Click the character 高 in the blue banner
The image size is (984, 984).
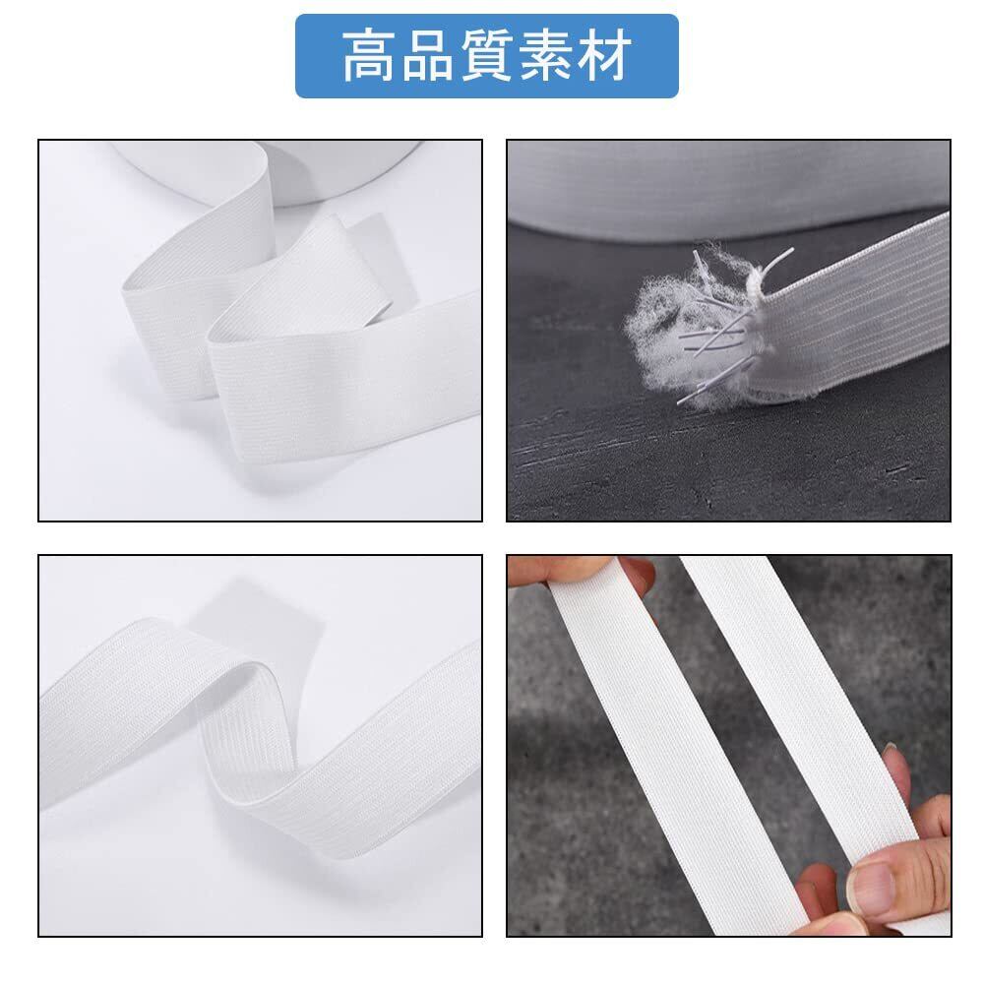pos(369,56)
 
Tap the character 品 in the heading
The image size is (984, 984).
pos(427,56)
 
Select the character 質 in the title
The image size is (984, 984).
pos(487,56)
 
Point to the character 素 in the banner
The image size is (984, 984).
pos(546,56)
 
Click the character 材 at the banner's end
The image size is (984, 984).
pos(605,56)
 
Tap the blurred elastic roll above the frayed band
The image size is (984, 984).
pos(728,188)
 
